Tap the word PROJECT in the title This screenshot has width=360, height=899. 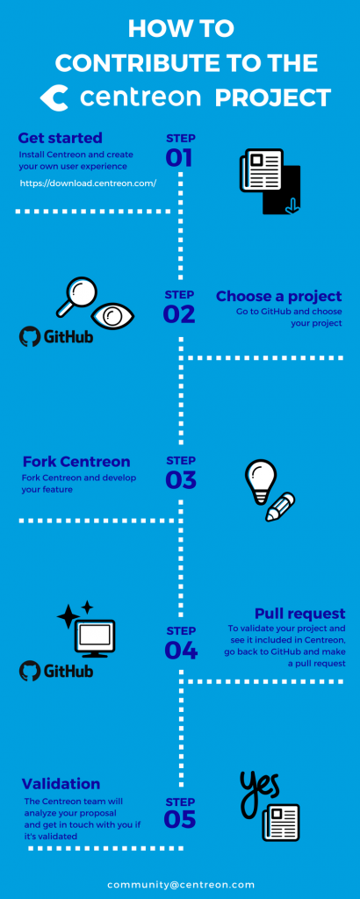tap(273, 98)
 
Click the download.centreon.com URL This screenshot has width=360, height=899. tap(89, 183)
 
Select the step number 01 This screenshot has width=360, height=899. tap(179, 158)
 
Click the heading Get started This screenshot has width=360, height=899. tap(61, 138)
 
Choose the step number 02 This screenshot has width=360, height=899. tap(179, 314)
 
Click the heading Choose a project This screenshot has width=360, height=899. tap(278, 297)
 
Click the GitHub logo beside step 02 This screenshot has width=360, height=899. tap(56, 336)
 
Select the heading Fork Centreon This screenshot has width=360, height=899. tap(76, 462)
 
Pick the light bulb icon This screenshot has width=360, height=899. tap(260, 481)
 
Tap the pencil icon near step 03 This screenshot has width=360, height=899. tap(280, 507)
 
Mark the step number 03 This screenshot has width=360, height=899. tap(181, 480)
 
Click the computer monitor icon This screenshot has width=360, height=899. tap(95, 638)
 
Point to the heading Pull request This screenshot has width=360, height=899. tap(299, 614)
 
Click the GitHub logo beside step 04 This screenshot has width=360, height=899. tap(56, 670)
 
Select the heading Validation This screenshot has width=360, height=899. tap(61, 784)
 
